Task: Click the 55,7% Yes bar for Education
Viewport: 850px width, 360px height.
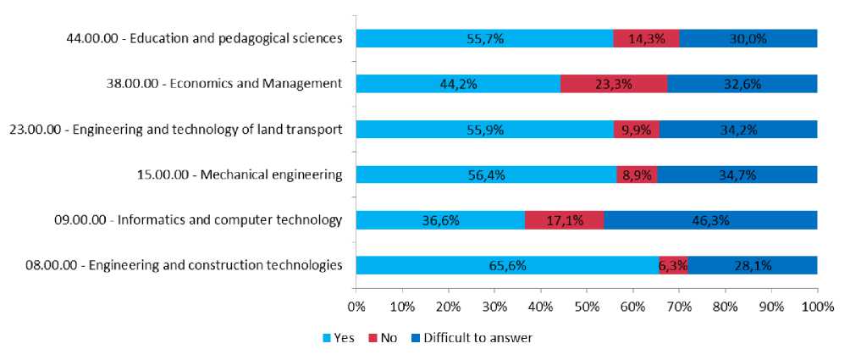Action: tap(484, 38)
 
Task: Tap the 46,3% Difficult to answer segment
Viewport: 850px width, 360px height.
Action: tap(710, 220)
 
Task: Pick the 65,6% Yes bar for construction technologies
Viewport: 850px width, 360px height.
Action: tap(506, 266)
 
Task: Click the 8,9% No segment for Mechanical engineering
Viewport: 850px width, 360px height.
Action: tap(637, 174)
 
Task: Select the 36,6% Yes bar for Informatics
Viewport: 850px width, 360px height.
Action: tap(440, 220)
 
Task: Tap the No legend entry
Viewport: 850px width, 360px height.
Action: tap(383, 338)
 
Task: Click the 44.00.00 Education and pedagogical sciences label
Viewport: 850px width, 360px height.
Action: tap(204, 38)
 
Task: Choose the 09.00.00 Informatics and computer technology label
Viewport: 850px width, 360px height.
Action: tap(192, 220)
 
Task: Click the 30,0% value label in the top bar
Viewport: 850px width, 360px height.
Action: tap(748, 38)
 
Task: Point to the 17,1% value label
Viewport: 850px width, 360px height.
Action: tap(565, 220)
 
